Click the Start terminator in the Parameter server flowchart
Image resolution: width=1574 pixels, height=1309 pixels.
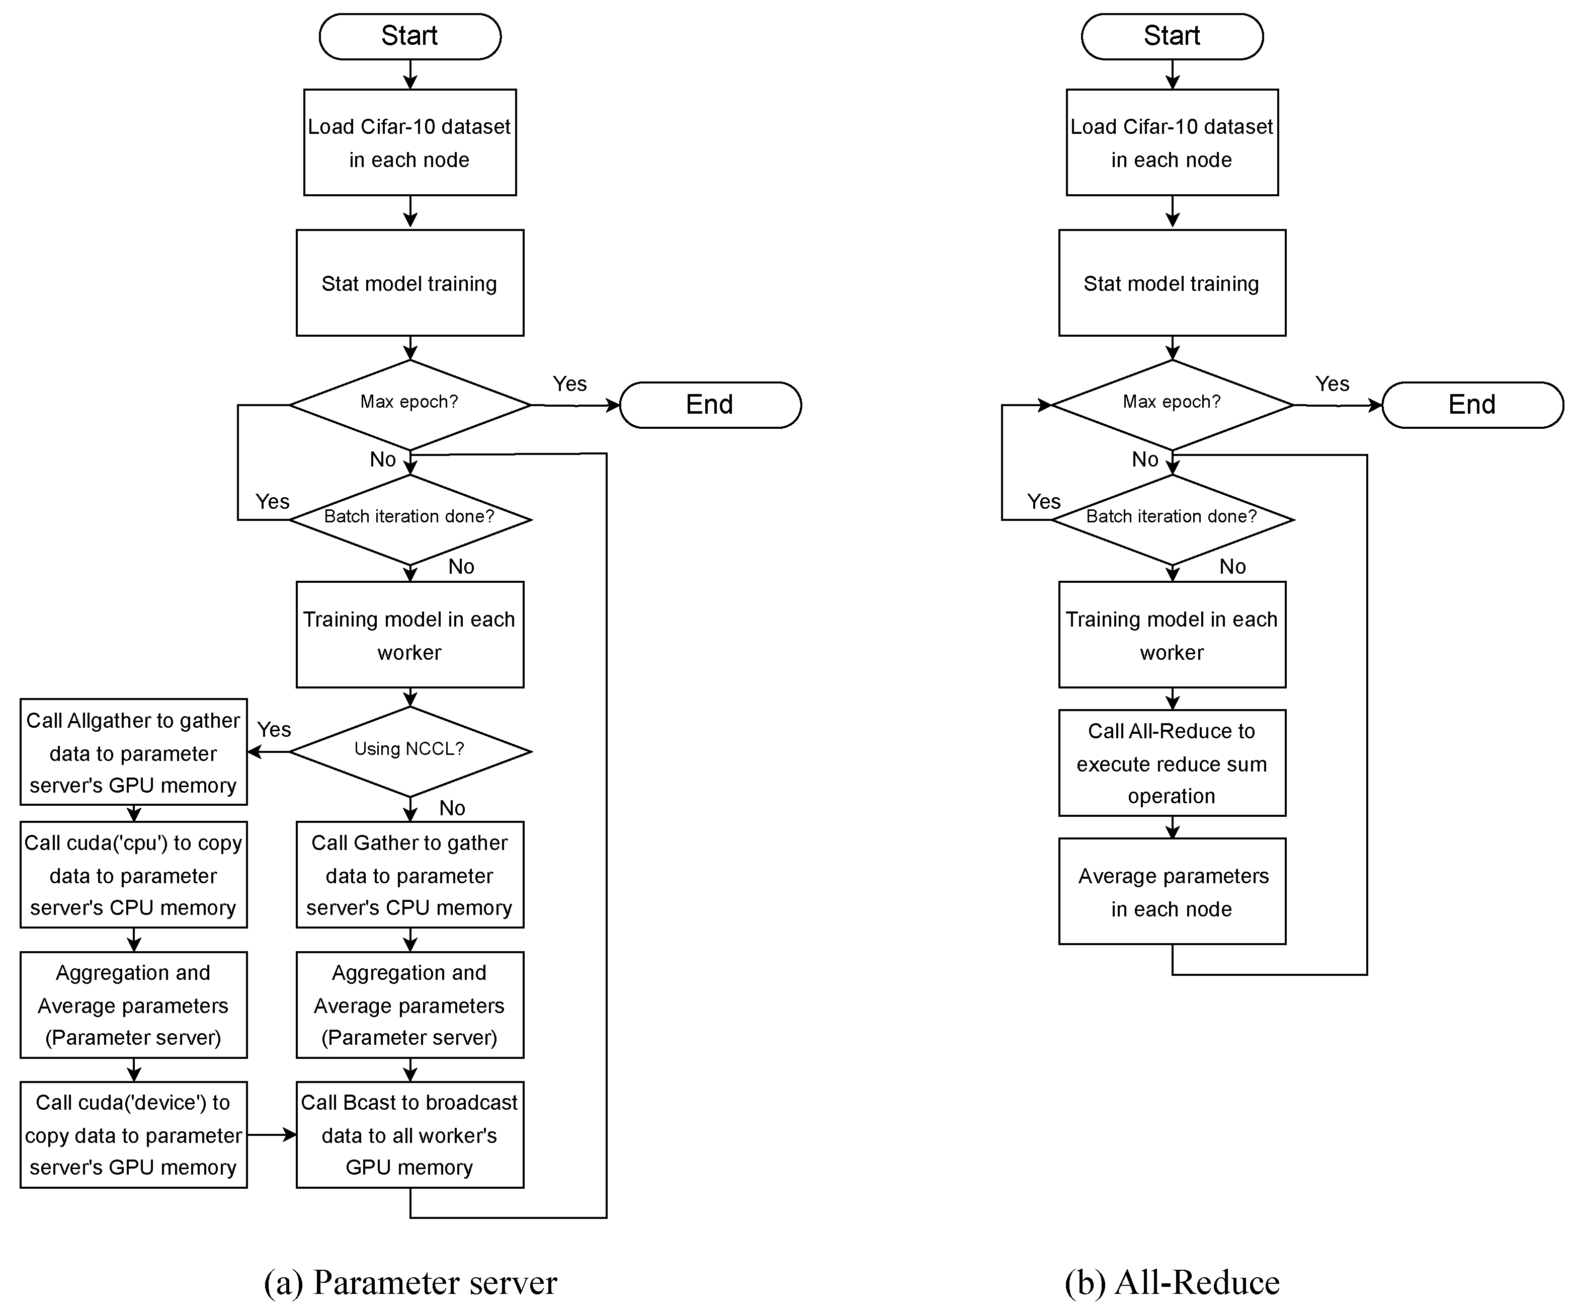point(409,36)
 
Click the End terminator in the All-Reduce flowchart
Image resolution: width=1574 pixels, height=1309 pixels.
point(1471,405)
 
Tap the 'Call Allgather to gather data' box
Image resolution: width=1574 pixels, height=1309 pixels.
point(133,752)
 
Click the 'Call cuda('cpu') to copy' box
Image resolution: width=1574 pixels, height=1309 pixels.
point(133,875)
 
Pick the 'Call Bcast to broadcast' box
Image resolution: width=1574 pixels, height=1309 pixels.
point(409,1134)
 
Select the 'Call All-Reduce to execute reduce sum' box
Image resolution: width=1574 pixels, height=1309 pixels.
point(1172,763)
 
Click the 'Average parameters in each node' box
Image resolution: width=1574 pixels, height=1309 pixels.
point(1172,891)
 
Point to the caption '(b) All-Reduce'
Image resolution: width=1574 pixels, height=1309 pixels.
point(1172,1282)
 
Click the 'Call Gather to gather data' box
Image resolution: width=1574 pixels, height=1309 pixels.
point(409,875)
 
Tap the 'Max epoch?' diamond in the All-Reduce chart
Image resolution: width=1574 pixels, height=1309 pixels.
point(1172,404)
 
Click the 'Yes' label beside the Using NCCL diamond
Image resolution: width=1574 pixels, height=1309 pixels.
point(274,729)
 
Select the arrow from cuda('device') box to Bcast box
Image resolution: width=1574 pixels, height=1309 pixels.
point(271,1135)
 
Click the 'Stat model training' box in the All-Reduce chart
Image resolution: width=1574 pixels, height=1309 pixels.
point(1172,283)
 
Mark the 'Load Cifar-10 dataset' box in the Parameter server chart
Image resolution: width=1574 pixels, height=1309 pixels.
point(409,142)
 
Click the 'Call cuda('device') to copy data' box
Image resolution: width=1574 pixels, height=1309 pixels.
point(133,1134)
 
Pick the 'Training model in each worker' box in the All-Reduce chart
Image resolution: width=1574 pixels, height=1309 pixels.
point(1172,635)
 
